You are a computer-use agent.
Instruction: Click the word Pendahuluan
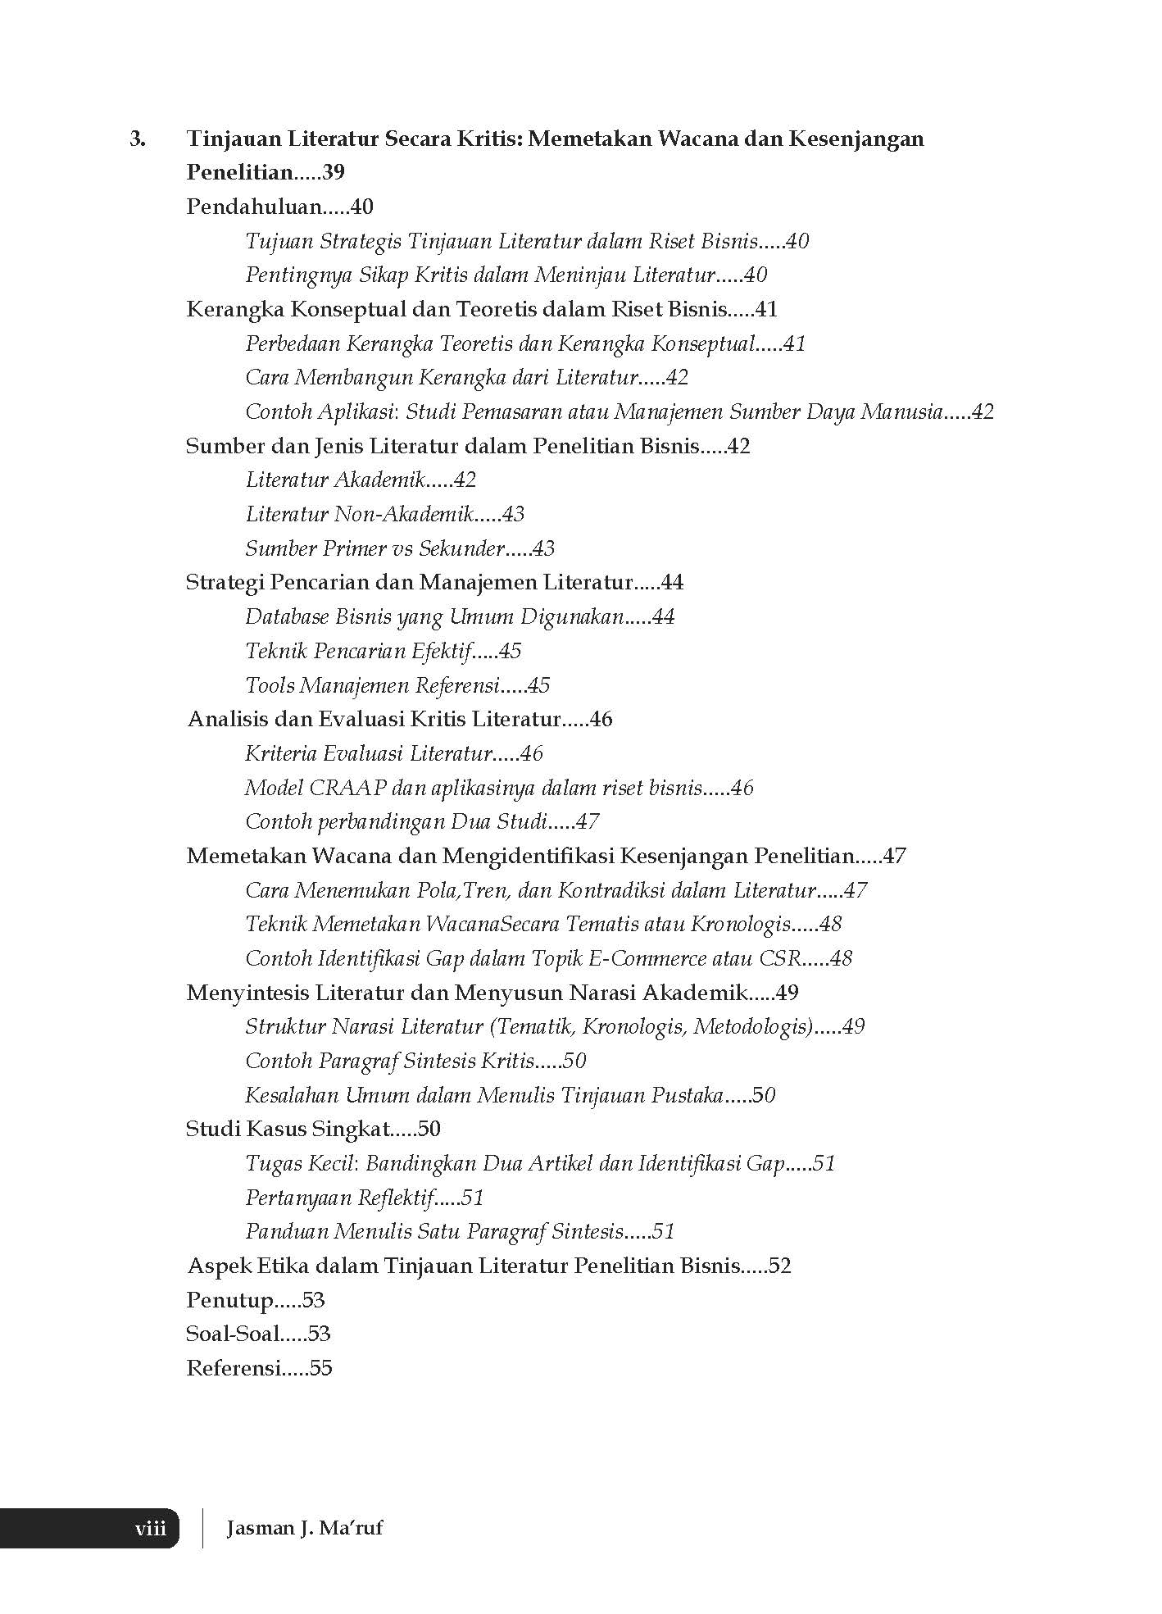253,207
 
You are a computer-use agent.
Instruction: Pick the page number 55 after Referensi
321,1368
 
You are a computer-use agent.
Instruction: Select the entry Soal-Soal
233,1334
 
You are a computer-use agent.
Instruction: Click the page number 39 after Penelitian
334,173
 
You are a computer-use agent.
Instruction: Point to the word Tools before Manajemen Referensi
270,685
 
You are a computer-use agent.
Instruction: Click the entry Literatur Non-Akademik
360,515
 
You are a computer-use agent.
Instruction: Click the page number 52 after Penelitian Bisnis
779,1266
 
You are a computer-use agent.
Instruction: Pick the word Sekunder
461,548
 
